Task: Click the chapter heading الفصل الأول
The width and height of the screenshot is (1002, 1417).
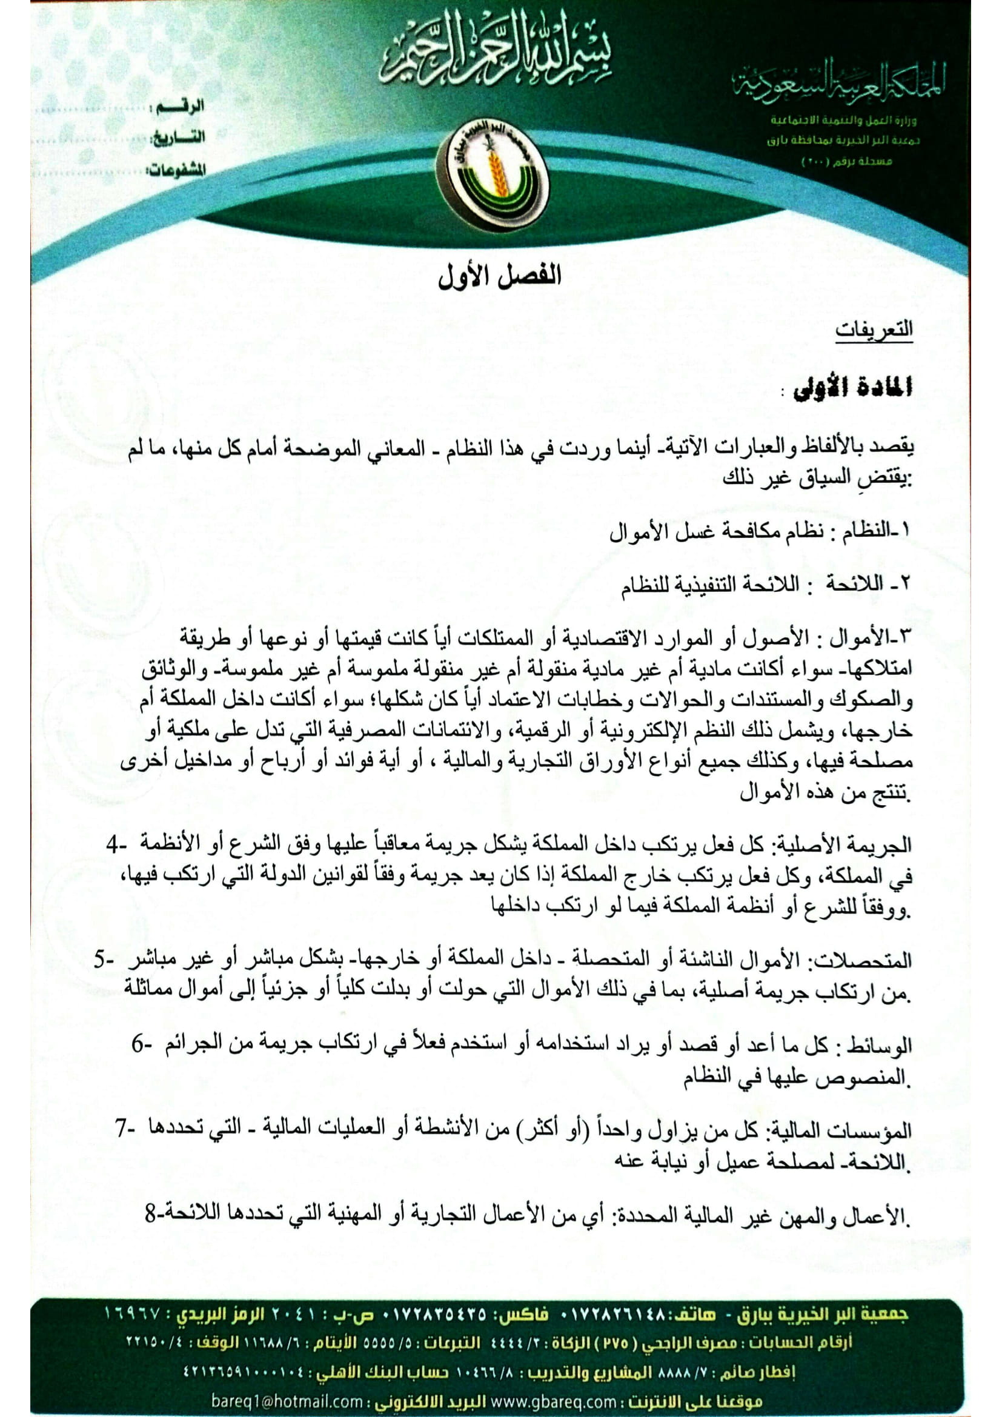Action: click(500, 276)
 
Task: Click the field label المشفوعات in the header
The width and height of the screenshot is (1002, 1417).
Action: click(175, 170)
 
